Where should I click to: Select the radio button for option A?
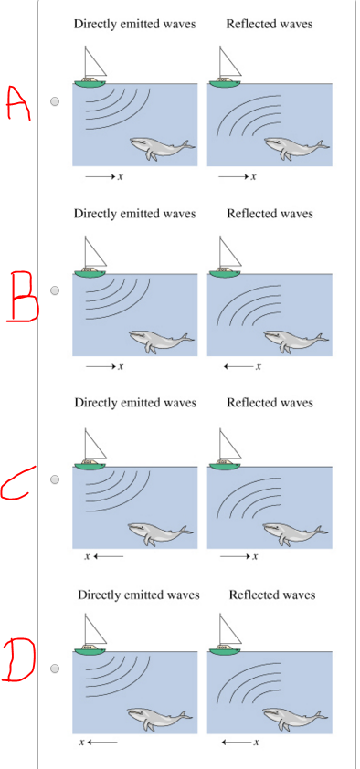point(54,103)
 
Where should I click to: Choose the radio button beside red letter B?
point(54,290)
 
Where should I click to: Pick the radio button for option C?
point(54,479)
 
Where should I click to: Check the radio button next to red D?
point(54,669)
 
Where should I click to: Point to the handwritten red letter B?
point(22,295)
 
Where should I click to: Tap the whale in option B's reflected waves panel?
point(294,341)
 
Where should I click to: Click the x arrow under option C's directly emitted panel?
point(103,555)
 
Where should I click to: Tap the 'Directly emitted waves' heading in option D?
point(138,595)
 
